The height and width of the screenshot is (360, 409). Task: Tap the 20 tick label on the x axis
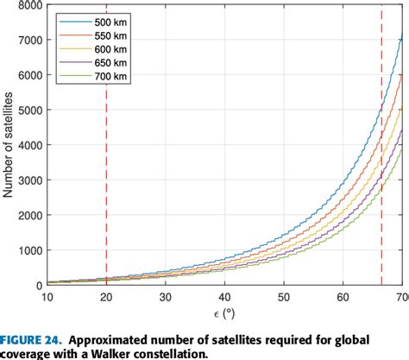click(x=106, y=296)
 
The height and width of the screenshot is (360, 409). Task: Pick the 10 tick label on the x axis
click(x=47, y=296)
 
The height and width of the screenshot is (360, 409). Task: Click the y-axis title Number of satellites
click(x=9, y=145)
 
